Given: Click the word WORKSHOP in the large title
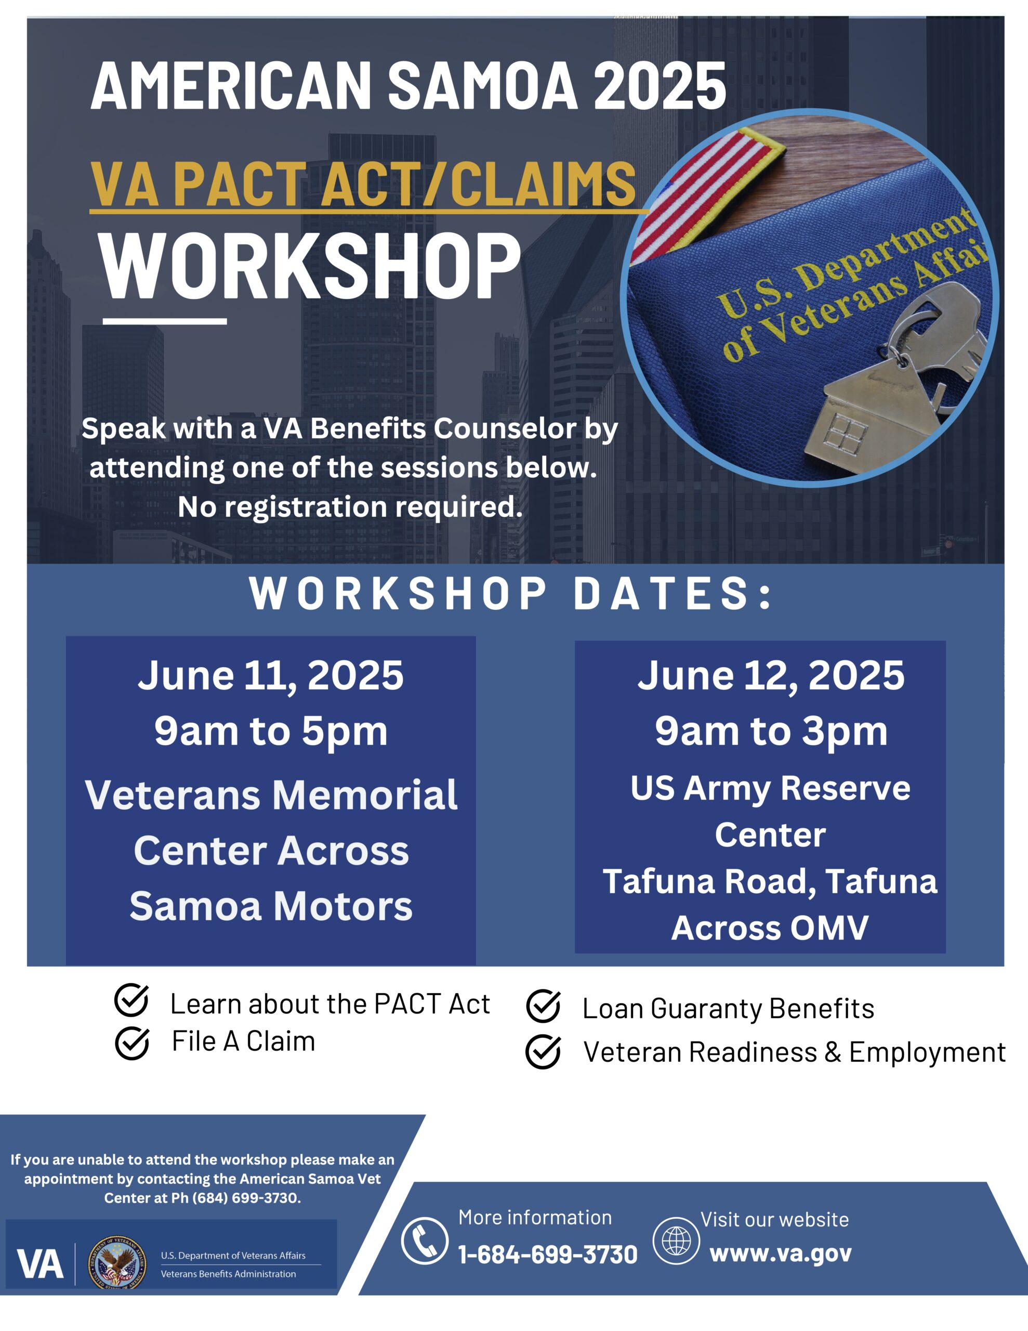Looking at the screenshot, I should [311, 266].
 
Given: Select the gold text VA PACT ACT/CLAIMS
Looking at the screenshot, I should [363, 184].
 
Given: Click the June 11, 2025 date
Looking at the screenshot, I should [271, 675].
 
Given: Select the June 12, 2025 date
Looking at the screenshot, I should [771, 675].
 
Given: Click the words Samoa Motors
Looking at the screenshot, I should [271, 906].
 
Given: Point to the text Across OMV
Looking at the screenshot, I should [770, 928].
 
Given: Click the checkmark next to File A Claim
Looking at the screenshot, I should [131, 1043].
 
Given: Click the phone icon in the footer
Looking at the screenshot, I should [424, 1241].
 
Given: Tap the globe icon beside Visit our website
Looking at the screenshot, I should [676, 1241].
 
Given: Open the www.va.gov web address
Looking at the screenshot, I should [781, 1254].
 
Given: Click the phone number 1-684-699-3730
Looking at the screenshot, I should [547, 1255].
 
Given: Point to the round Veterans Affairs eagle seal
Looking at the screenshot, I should [117, 1263].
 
